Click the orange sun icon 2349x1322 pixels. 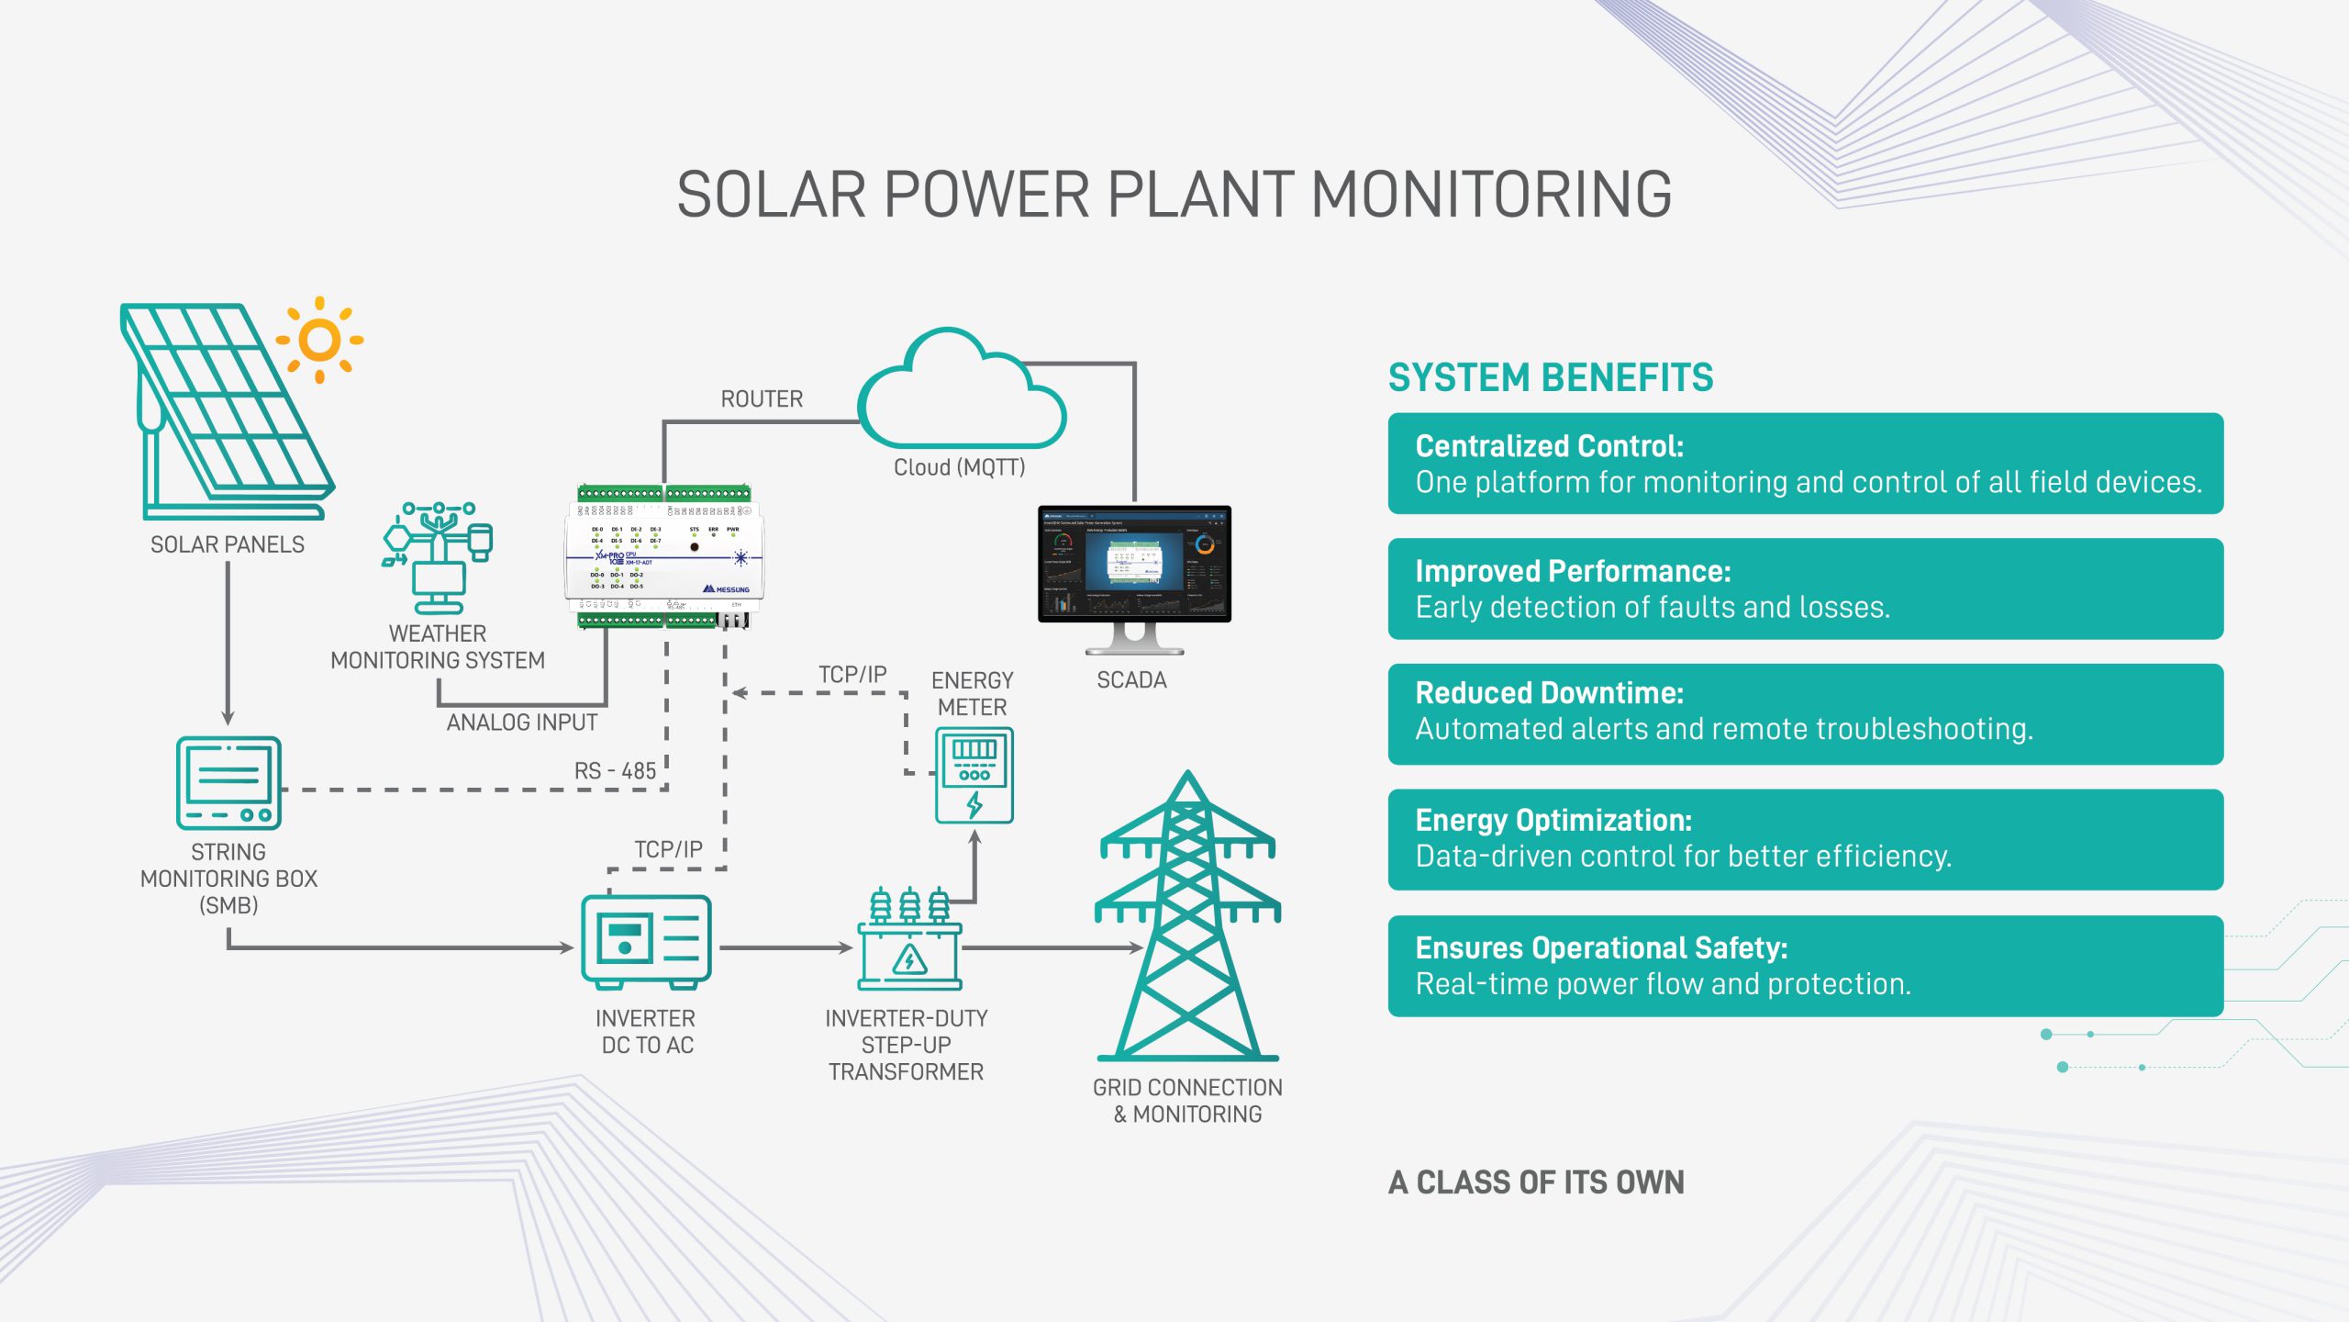(319, 340)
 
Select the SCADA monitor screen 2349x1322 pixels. (1134, 564)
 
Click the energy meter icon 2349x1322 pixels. (974, 775)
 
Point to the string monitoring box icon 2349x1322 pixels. (228, 783)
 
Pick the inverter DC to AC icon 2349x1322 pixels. (646, 942)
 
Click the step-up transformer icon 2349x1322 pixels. (909, 940)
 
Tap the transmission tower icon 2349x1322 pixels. (1187, 918)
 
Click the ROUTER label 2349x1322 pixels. (762, 399)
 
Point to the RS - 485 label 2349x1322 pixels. (615, 771)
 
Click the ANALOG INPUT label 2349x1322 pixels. (521, 723)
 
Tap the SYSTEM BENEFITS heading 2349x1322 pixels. (1550, 377)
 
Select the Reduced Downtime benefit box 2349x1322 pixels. (1805, 713)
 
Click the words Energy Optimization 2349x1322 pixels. (1553, 820)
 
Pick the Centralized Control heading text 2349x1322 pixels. (1549, 446)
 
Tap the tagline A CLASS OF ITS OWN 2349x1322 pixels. (1536, 1182)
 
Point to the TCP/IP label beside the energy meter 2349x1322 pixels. (852, 675)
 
